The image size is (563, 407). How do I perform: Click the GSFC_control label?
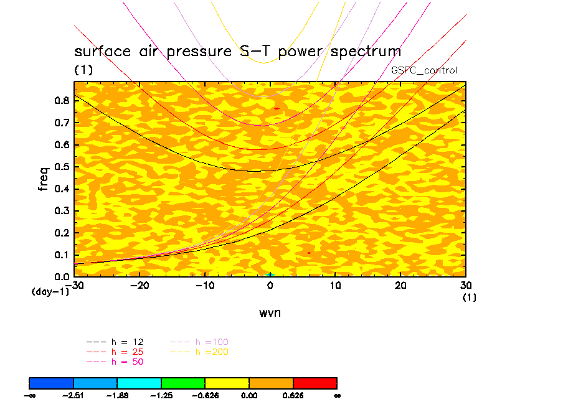click(x=424, y=70)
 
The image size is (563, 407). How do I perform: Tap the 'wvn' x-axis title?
click(x=270, y=313)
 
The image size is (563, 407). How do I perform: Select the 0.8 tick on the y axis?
click(x=63, y=101)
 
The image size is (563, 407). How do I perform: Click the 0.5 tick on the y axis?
click(x=63, y=167)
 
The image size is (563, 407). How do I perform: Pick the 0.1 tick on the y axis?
click(x=63, y=255)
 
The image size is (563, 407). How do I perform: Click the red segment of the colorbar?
click(x=315, y=383)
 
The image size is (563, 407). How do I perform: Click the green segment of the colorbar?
click(x=183, y=383)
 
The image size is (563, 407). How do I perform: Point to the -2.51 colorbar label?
click(x=73, y=395)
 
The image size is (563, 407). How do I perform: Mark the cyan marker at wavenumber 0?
click(x=270, y=274)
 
